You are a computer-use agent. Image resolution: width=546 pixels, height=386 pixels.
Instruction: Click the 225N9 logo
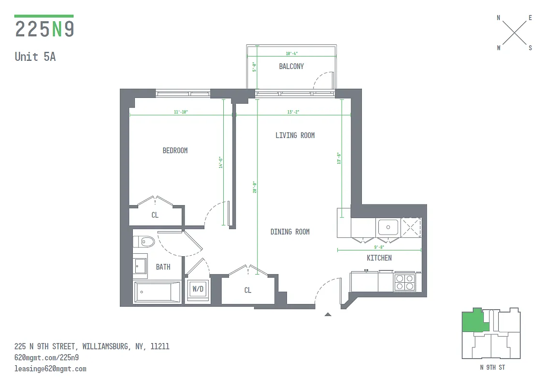coord(44,28)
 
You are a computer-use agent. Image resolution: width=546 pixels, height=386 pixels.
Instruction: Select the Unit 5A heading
coord(35,56)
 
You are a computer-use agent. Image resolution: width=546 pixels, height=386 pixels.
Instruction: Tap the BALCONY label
coord(291,66)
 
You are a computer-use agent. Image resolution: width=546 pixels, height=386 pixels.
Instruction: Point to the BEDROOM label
coord(175,151)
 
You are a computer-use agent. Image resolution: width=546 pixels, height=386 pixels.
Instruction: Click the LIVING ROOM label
coord(295,135)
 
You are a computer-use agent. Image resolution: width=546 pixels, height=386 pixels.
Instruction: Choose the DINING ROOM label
coord(290,232)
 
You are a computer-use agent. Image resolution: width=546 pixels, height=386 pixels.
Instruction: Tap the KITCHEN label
coord(379,258)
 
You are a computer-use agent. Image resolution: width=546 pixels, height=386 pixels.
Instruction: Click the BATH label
coord(163,266)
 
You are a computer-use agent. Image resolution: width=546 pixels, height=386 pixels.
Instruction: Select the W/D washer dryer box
coord(198,289)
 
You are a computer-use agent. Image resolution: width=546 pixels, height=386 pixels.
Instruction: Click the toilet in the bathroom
coord(144,241)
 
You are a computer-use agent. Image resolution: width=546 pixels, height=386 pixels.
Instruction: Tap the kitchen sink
coord(388,226)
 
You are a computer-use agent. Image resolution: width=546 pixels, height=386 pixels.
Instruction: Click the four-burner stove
coord(404,282)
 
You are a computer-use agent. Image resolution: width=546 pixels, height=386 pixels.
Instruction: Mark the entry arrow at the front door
coord(328,315)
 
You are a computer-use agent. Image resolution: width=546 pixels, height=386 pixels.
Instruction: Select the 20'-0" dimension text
coord(254,187)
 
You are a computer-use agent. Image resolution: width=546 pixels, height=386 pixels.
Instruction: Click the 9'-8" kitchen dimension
coord(379,247)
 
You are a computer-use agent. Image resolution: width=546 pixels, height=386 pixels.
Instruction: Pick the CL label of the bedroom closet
coord(155,215)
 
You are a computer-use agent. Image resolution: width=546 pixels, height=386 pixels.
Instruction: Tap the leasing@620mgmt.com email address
coord(50,369)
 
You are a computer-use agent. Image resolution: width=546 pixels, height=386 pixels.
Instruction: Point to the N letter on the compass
coord(499,18)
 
